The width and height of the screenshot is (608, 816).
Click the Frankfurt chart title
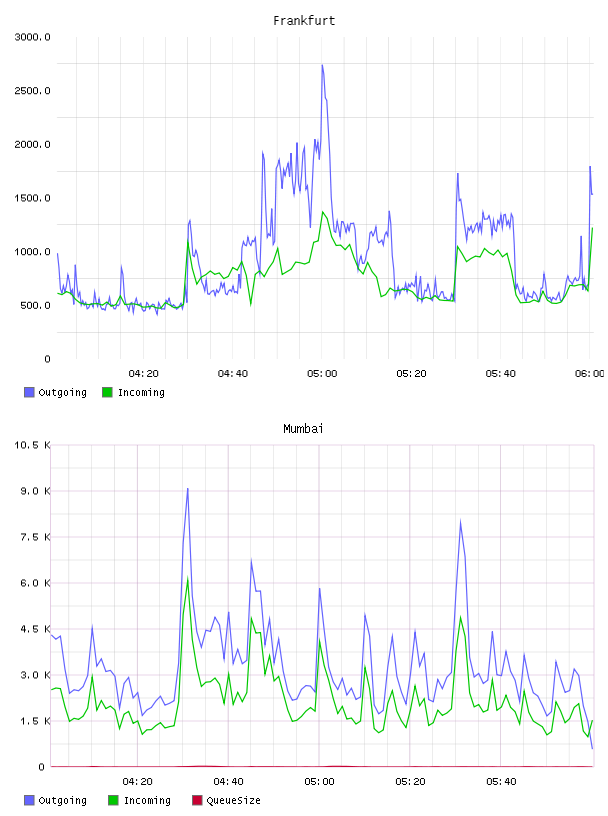point(304,21)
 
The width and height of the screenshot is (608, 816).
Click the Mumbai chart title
point(303,429)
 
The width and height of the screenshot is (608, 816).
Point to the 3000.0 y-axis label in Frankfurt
point(32,37)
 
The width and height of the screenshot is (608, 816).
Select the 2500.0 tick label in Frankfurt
point(32,91)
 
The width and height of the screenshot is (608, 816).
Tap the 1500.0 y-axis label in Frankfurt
point(32,198)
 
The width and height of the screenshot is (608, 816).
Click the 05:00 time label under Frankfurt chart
point(322,374)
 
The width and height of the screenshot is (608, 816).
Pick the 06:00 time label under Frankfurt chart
point(590,374)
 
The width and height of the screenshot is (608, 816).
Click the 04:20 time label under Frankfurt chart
point(143,374)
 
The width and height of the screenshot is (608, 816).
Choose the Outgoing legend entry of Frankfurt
point(55,392)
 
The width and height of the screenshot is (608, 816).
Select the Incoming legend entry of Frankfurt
point(134,392)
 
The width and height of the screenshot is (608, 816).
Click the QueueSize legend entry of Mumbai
point(226,800)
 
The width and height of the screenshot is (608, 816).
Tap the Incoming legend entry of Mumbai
point(140,800)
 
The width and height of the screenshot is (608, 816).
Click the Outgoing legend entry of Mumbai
point(55,800)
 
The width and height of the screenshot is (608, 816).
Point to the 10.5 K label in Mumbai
point(32,445)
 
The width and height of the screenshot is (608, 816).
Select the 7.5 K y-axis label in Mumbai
point(35,537)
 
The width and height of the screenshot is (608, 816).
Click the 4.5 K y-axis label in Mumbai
point(35,629)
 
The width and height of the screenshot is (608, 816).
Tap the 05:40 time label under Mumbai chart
point(501,782)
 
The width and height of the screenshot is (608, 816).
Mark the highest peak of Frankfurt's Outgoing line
point(322,65)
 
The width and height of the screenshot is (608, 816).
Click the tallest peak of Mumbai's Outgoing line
point(187,488)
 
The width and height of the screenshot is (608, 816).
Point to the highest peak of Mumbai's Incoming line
point(187,578)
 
